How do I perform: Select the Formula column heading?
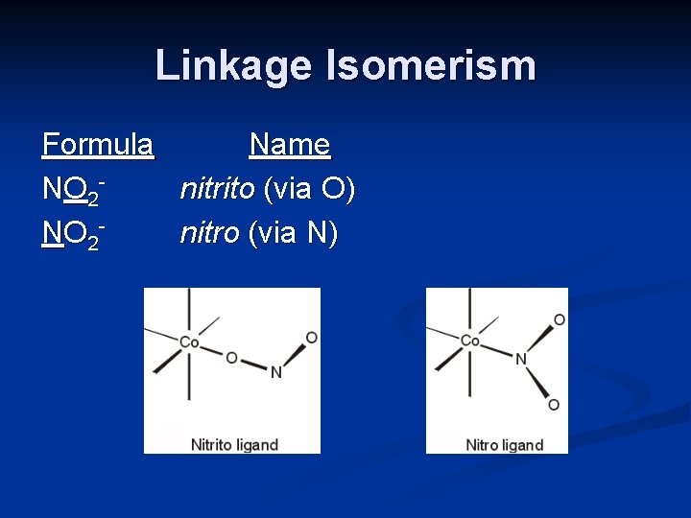tap(98, 145)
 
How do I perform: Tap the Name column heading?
tap(290, 145)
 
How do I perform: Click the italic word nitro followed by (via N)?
tap(209, 233)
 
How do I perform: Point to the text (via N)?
tap(292, 233)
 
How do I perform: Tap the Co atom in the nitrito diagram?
tap(189, 341)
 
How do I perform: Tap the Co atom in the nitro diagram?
tap(470, 341)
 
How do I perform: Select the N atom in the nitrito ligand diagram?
tap(275, 372)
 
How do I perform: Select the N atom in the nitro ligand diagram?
tap(521, 360)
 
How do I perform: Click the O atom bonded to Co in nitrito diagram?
tap(231, 358)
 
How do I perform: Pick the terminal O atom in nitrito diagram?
tap(311, 338)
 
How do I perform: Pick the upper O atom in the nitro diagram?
tap(559, 319)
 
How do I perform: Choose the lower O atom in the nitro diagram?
tap(553, 405)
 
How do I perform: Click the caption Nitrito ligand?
tap(234, 444)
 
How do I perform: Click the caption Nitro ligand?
tap(504, 444)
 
